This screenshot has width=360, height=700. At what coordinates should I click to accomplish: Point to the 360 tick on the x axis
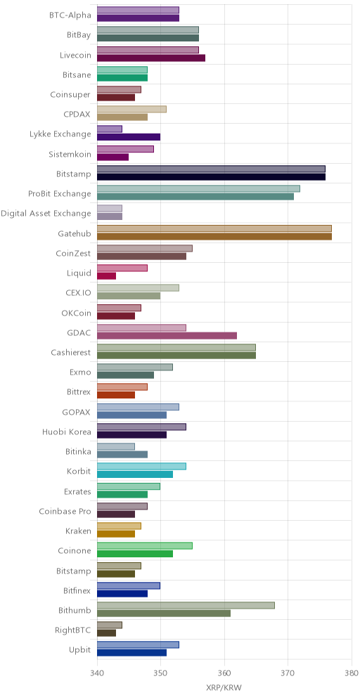pos(224,673)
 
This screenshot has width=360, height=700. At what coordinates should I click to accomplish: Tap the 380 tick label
pos(352,673)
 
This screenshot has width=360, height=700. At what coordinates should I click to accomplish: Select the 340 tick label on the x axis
pos(97,673)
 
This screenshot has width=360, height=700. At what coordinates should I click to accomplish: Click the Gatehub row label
pos(75,233)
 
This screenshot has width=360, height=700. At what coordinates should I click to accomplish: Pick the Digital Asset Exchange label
pos(46,214)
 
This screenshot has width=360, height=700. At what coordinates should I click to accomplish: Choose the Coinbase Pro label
pos(65,511)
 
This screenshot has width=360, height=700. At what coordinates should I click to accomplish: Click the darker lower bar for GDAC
pos(167,336)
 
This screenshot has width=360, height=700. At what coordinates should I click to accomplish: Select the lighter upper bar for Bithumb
pos(186,605)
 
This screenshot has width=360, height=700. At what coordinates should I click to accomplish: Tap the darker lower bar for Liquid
pos(106,276)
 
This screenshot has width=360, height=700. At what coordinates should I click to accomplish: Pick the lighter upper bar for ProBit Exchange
pos(198,189)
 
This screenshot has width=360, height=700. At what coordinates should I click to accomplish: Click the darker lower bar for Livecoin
pos(151,58)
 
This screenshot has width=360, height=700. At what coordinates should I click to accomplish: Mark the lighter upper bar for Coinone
pos(145,546)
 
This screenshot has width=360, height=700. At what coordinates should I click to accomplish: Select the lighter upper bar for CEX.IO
pos(138,288)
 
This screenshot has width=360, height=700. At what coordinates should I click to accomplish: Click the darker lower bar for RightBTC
pos(106,633)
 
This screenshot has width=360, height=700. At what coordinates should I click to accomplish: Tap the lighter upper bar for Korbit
pos(141,467)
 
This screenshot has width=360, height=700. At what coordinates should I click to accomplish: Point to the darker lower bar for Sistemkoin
pos(112,157)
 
